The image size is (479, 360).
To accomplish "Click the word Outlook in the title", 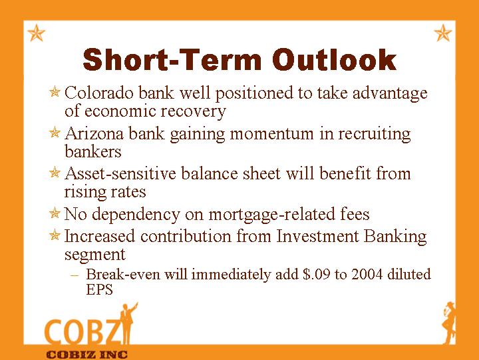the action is coord(334,59).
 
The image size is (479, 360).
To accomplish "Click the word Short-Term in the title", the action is coord(172,59).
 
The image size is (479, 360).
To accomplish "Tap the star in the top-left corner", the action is coord(37,33).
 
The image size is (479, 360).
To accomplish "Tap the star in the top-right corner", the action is coord(442,33).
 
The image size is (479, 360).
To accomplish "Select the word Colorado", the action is coord(99,93).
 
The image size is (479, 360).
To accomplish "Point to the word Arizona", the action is coord(94,133).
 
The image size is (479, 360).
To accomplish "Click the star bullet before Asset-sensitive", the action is coord(55,173).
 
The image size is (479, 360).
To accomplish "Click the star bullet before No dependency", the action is coord(55,213).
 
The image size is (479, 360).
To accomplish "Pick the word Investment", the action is coord(317,236).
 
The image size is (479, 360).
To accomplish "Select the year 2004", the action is coord(367,274).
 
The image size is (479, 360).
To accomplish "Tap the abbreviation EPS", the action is coord(100,289).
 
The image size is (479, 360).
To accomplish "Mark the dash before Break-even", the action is coord(75,275).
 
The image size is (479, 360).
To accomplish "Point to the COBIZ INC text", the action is coord(86,355).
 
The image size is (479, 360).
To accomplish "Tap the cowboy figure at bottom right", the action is coord(449,323).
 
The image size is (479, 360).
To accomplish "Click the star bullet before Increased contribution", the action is coord(55,235).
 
